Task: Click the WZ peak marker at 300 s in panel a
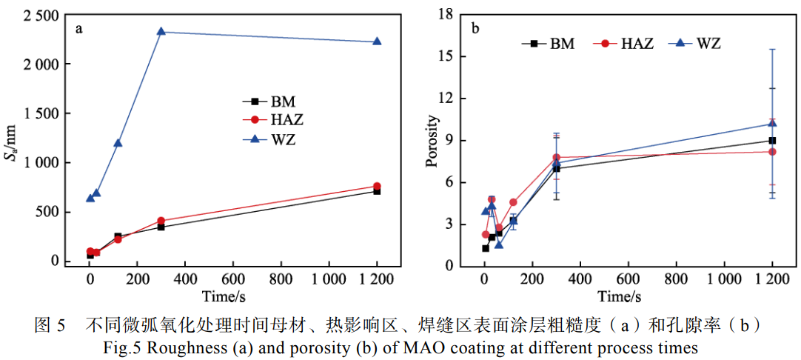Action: pos(161,32)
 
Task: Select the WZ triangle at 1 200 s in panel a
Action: pos(377,41)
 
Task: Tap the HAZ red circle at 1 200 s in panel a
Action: pos(377,187)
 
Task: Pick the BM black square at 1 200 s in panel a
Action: pos(377,191)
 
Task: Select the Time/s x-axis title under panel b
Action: pos(619,297)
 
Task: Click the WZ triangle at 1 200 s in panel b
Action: pos(772,124)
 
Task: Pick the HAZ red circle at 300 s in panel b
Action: pos(556,158)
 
